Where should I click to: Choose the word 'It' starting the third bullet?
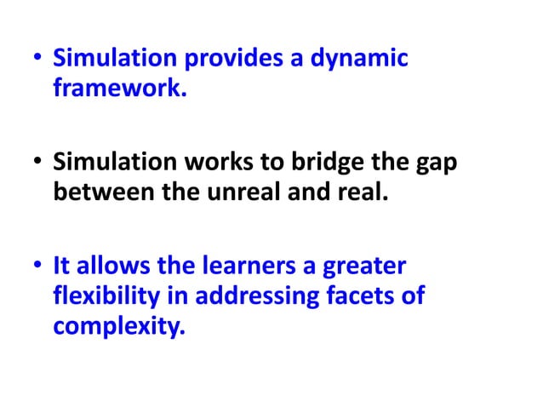(61, 267)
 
